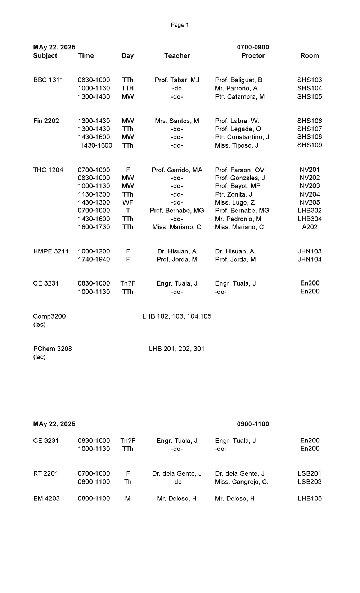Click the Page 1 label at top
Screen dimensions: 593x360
coord(180,25)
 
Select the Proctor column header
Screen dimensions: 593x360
coord(253,55)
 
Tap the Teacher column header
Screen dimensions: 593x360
coord(177,55)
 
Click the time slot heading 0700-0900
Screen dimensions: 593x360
coord(253,47)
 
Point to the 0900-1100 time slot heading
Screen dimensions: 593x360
coord(253,424)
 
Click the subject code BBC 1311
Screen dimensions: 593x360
coord(48,80)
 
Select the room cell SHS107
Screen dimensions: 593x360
coord(310,129)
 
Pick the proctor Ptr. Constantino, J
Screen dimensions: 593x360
coord(242,137)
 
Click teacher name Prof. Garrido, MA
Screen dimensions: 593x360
coord(177,170)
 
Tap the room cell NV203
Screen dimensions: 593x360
coord(310,186)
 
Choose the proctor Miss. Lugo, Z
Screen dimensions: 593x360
coord(235,202)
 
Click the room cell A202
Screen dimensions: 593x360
coord(310,227)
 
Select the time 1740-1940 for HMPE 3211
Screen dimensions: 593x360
coord(94,259)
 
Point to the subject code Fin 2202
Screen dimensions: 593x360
coord(46,121)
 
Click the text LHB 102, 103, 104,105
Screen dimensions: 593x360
coord(177,316)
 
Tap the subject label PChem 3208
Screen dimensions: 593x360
coord(53,349)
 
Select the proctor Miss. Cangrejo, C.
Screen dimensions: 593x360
coord(242,482)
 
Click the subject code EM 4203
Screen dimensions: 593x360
coord(46,499)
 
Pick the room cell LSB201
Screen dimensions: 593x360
coord(310,473)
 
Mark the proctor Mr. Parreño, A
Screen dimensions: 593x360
coord(236,88)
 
